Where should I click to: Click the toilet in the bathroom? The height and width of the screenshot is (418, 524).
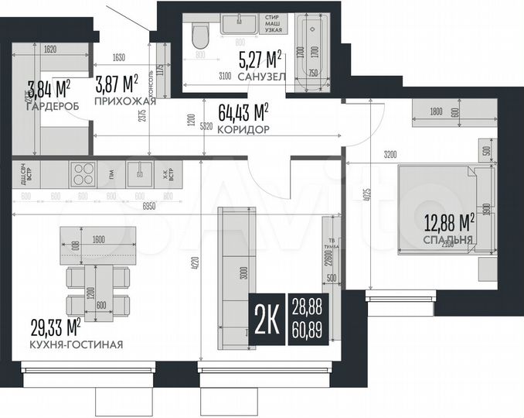200,35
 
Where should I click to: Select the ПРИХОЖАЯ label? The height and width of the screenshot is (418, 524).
125,101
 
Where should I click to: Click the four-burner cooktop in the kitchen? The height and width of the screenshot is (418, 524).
83,172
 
